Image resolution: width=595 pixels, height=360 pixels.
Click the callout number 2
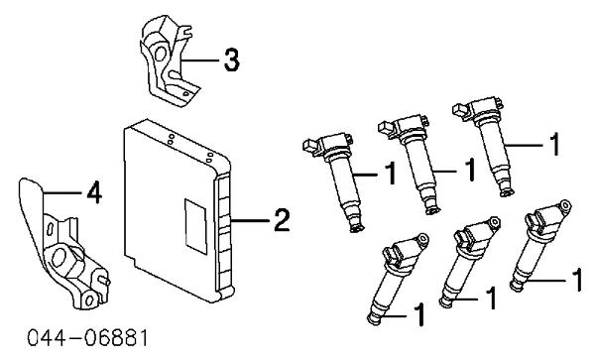(x=282, y=220)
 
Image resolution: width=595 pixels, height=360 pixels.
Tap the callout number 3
(x=231, y=60)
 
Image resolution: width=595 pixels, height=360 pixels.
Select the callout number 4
(x=94, y=193)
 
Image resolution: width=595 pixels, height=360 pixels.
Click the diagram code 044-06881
(x=87, y=338)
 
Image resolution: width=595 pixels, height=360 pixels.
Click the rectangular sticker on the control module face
(x=195, y=226)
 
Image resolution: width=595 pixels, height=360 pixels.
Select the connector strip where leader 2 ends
(x=224, y=231)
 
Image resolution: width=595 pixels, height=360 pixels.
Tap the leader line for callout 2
(x=251, y=220)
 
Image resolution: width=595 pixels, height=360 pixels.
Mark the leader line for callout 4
(x=63, y=192)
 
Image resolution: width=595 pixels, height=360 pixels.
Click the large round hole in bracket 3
(x=160, y=54)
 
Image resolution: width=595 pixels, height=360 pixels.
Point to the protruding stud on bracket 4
(x=104, y=281)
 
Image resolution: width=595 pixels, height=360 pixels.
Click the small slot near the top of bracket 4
(x=51, y=229)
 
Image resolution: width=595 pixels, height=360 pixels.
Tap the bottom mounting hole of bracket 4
(x=89, y=300)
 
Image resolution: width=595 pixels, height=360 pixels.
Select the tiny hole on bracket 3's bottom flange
(x=185, y=93)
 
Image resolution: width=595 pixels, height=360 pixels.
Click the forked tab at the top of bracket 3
(x=184, y=30)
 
